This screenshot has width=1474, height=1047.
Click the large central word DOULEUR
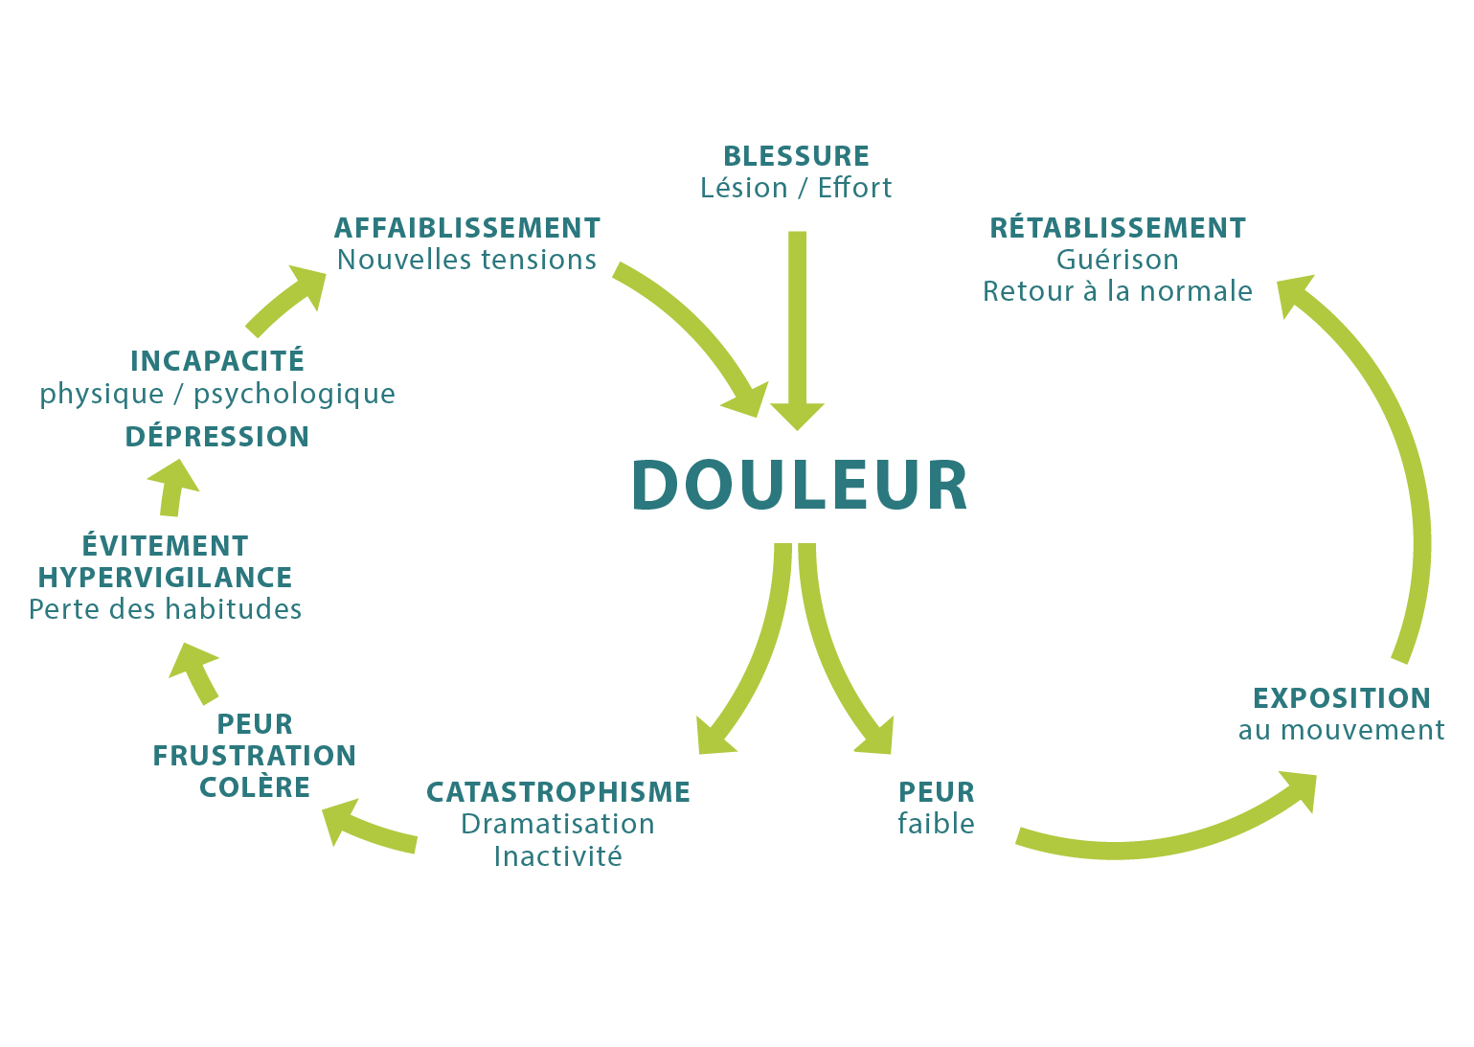(x=800, y=485)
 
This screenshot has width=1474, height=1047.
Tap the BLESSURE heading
(x=796, y=156)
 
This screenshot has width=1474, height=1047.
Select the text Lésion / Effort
(x=796, y=188)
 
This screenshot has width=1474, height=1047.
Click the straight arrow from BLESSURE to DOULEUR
(x=797, y=326)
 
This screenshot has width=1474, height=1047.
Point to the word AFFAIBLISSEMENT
(x=467, y=228)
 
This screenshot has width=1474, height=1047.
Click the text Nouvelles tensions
(x=467, y=260)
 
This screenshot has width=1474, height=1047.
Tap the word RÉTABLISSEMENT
(x=1118, y=228)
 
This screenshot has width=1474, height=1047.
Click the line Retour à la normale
(x=1118, y=291)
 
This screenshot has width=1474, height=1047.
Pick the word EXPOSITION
(x=1342, y=698)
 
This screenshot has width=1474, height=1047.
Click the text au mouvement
(x=1342, y=730)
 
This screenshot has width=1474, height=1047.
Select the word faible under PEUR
(x=936, y=824)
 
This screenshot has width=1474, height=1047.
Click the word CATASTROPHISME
(x=558, y=792)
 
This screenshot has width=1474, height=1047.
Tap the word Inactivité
(x=558, y=856)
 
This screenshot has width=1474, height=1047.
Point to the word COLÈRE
(x=255, y=787)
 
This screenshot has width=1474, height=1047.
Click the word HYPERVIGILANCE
(x=166, y=578)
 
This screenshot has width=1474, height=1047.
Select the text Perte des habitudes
(x=166, y=609)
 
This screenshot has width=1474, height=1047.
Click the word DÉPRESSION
(x=217, y=437)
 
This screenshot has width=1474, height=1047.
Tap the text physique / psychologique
(x=217, y=394)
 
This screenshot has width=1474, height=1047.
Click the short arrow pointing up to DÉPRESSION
(x=172, y=487)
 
